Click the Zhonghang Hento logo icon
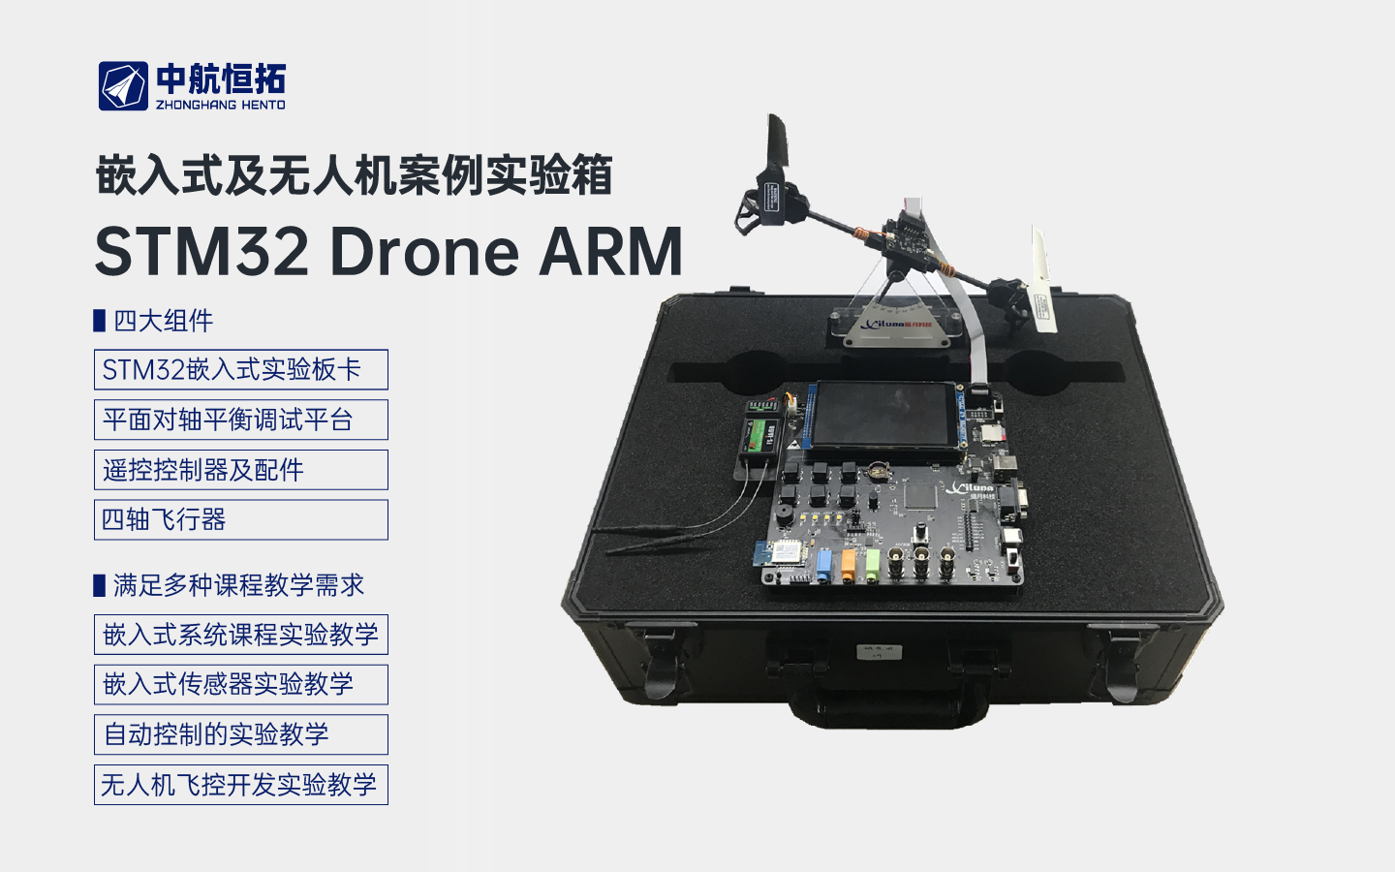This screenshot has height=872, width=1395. [x=123, y=86]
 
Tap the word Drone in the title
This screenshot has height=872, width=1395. [x=424, y=252]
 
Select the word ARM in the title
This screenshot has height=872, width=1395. [x=610, y=252]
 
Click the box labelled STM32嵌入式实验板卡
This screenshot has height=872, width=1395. [x=241, y=370]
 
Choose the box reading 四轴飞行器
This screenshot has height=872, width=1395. [x=241, y=519]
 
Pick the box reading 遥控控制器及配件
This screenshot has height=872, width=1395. [x=241, y=470]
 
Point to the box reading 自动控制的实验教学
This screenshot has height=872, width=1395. [x=241, y=734]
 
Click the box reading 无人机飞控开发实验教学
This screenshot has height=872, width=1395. [x=241, y=785]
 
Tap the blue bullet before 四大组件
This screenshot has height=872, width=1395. [x=99, y=321]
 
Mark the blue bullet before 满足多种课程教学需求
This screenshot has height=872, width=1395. [x=99, y=585]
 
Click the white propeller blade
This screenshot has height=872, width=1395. [x=1042, y=280]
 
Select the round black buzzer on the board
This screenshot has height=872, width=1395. [x=781, y=516]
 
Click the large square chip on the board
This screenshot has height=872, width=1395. [x=921, y=497]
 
